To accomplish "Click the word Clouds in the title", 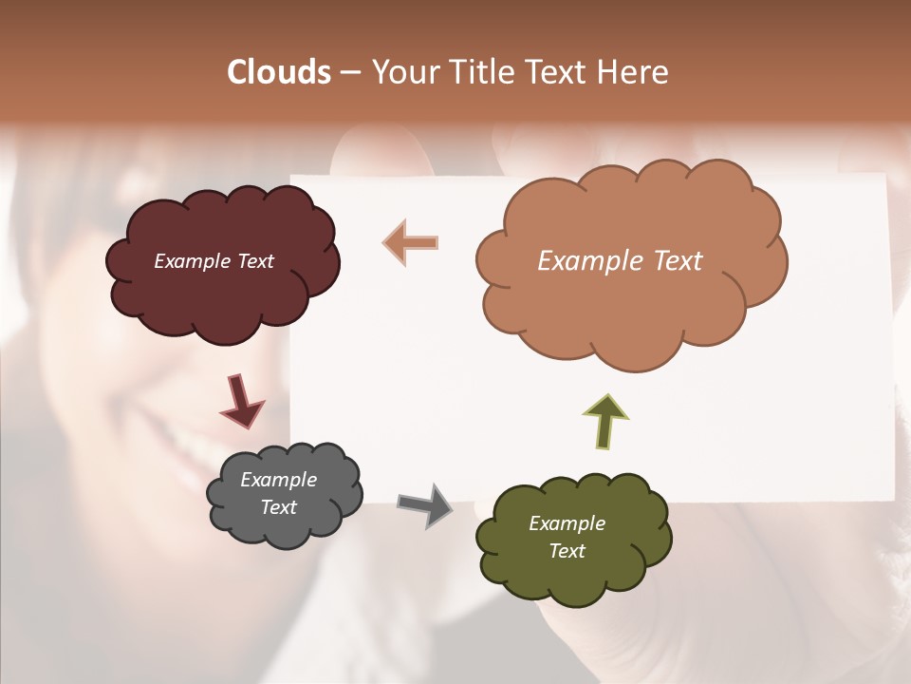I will (x=278, y=72).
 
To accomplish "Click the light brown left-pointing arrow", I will (x=412, y=242).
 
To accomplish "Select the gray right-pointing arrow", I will (x=425, y=504).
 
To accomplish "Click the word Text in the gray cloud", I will (x=278, y=507).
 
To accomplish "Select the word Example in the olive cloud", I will (x=567, y=523).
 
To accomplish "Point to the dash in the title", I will (x=350, y=72).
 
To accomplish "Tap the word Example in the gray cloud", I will (x=278, y=480).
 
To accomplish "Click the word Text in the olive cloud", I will (x=567, y=551).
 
